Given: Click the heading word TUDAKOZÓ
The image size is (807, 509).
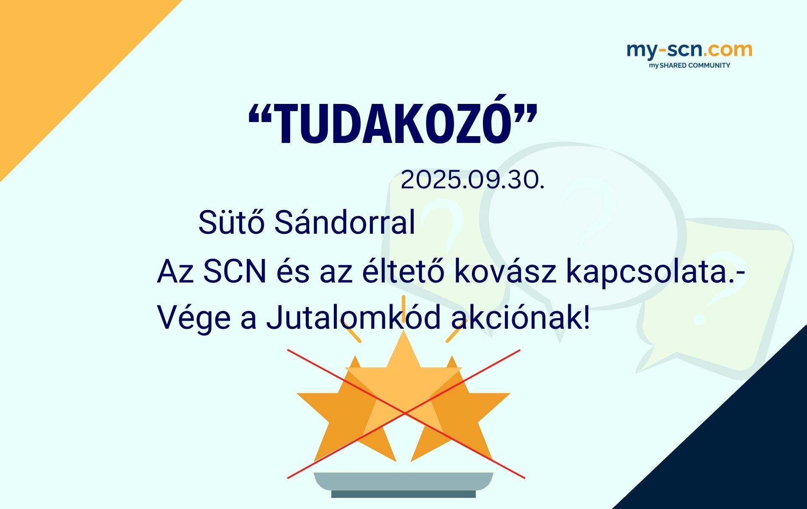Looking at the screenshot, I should (393, 125).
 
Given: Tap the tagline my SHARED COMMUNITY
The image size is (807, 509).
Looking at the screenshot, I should (689, 66).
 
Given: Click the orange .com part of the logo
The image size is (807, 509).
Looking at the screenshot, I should (728, 50).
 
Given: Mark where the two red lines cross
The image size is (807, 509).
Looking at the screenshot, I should (405, 412).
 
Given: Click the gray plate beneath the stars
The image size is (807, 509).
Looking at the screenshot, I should (403, 481).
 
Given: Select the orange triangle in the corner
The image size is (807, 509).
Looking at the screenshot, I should (55, 55).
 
